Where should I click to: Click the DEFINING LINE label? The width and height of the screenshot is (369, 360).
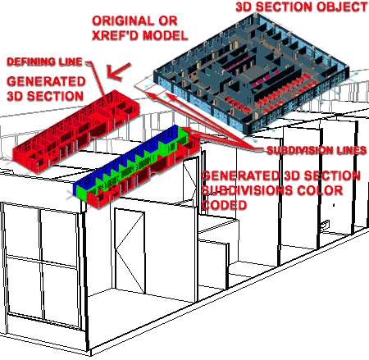(44, 62)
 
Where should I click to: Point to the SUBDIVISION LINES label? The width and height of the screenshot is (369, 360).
(317, 150)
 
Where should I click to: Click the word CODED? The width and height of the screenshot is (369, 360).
(224, 205)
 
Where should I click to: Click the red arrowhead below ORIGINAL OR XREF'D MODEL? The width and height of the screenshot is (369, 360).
(118, 71)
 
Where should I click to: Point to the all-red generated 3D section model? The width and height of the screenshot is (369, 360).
(76, 131)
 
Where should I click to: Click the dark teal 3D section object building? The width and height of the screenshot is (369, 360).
(251, 74)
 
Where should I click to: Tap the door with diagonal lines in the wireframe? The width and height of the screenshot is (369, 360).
(130, 251)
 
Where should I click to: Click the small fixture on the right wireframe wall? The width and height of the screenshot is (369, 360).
(326, 225)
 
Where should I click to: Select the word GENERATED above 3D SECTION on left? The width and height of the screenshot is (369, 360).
(46, 81)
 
